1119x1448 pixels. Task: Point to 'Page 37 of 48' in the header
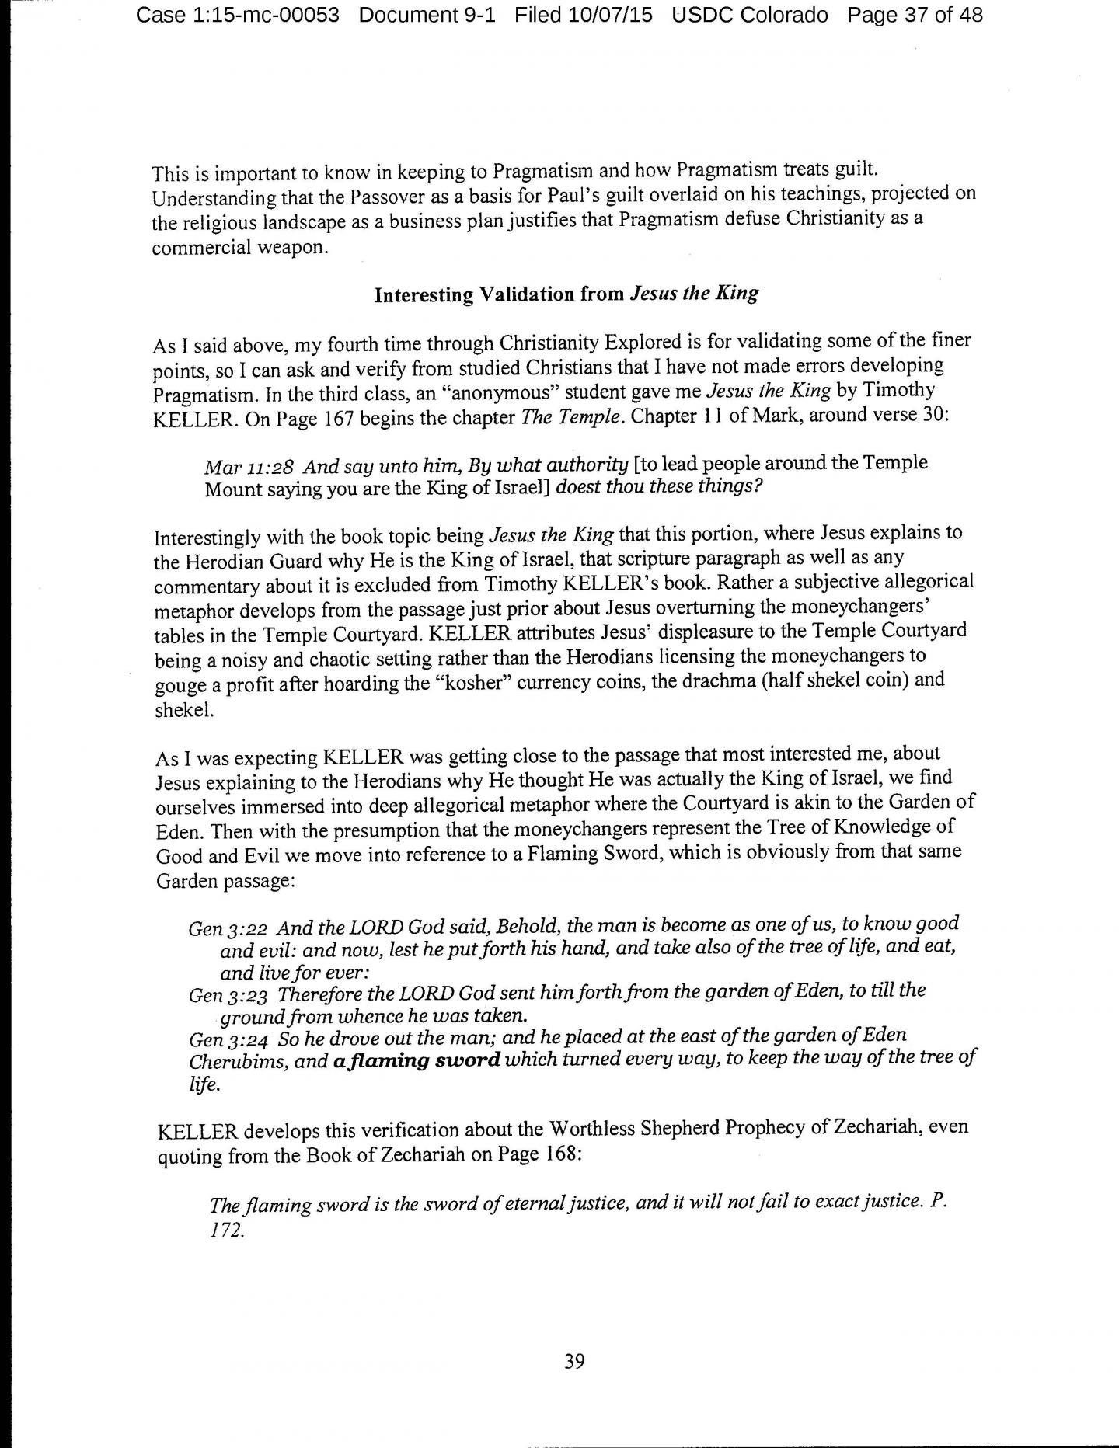915,15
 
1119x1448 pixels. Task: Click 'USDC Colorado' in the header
751,15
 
